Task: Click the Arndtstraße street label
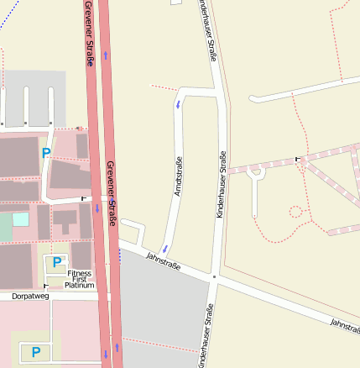tap(178, 178)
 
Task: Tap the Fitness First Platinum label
tap(81, 279)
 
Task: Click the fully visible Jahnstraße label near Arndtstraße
tap(164, 260)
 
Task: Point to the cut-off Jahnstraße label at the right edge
tap(344, 324)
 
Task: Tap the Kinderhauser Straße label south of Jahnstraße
tap(204, 336)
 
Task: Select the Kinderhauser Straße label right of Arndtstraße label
tap(221, 185)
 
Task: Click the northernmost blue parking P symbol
tap(46, 153)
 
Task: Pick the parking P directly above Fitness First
tap(56, 262)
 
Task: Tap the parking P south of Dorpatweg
tap(36, 351)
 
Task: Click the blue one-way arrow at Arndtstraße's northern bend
tap(178, 104)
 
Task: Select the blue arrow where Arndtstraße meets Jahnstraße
tap(165, 249)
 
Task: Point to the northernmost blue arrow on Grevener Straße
tap(106, 55)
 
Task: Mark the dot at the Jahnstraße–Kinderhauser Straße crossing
tap(215, 276)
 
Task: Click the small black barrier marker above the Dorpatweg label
tap(45, 287)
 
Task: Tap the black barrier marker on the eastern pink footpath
tap(297, 160)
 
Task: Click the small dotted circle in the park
tap(295, 211)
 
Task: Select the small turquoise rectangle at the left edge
tap(20, 219)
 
